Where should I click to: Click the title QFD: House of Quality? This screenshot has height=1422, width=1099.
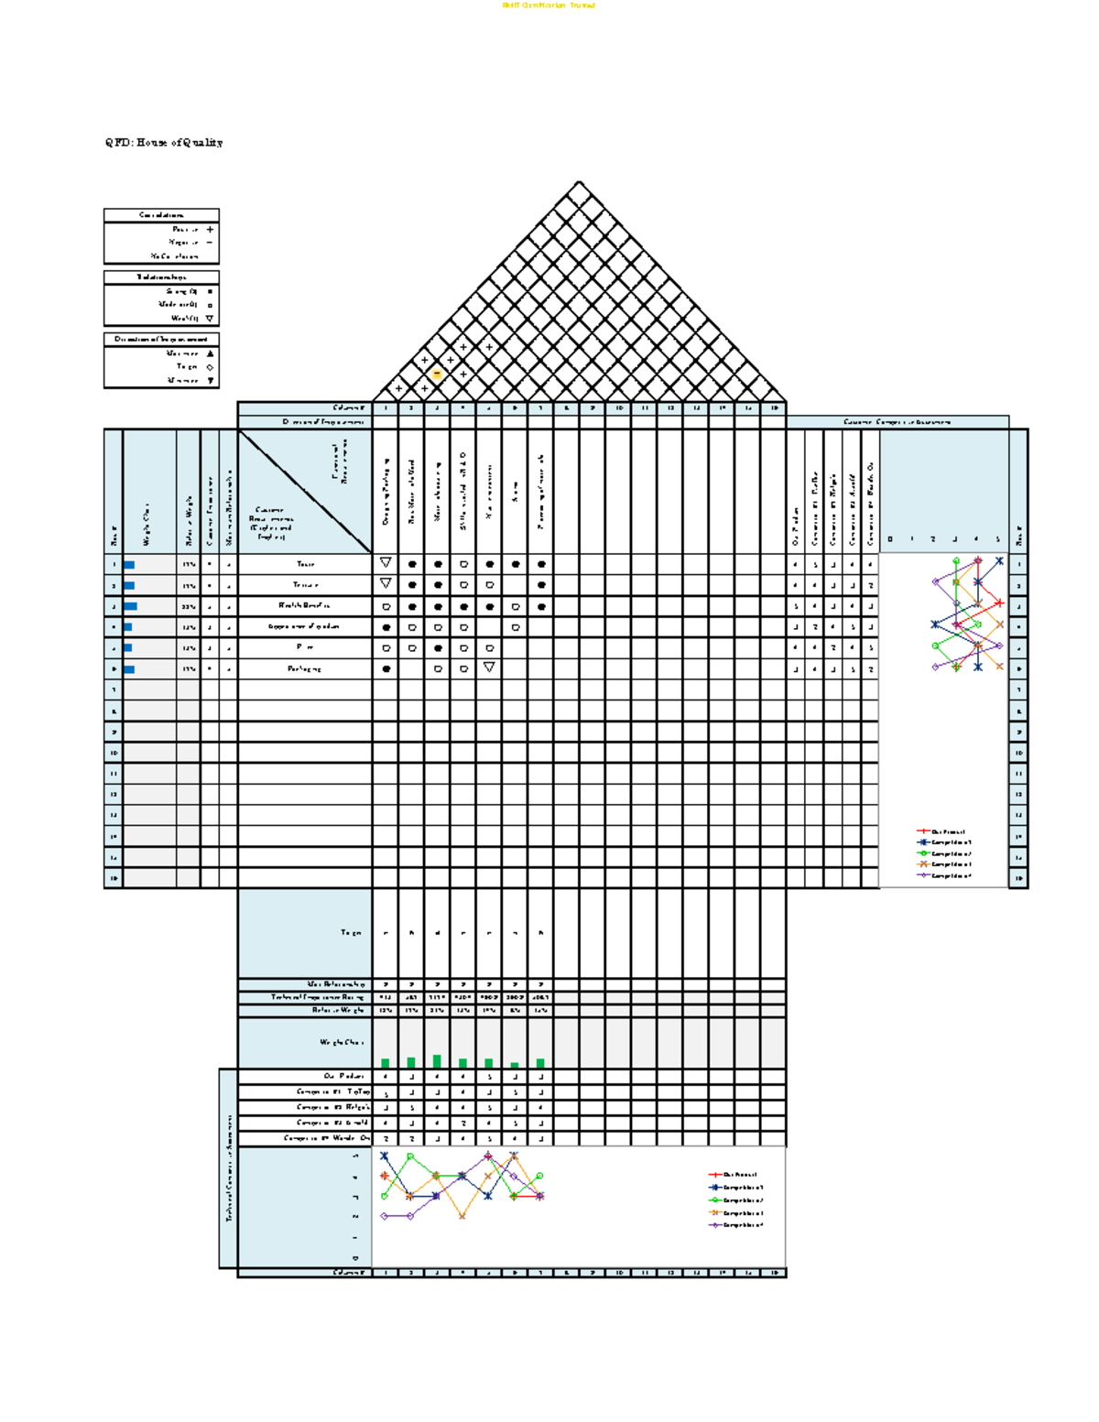click(x=163, y=143)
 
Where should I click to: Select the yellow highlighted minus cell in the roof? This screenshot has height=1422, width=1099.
click(x=437, y=374)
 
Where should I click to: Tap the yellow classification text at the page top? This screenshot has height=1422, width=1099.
click(x=549, y=5)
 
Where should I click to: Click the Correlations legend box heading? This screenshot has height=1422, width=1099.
click(x=161, y=215)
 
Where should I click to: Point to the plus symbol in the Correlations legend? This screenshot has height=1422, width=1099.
click(x=210, y=230)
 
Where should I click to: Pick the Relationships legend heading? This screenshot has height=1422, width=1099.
click(x=161, y=277)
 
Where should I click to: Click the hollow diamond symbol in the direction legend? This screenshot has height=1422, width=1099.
click(x=210, y=367)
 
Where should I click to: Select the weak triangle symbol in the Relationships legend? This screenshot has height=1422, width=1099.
click(x=210, y=319)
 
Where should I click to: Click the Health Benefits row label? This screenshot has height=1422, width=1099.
click(x=305, y=605)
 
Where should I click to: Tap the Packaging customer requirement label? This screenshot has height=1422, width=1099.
click(x=305, y=668)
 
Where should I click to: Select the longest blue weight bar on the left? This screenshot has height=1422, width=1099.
click(x=131, y=606)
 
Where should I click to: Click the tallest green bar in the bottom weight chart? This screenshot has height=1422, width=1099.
click(x=437, y=1061)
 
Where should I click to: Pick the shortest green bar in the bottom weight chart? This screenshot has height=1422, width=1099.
click(x=515, y=1065)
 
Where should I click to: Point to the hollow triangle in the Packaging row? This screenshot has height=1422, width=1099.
click(x=489, y=668)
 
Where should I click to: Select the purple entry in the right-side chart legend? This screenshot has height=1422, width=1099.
click(x=942, y=875)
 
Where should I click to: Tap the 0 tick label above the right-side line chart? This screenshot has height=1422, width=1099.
click(x=889, y=539)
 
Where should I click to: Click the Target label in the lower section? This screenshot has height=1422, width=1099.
click(x=351, y=933)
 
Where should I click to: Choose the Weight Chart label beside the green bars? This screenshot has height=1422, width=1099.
click(x=342, y=1042)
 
